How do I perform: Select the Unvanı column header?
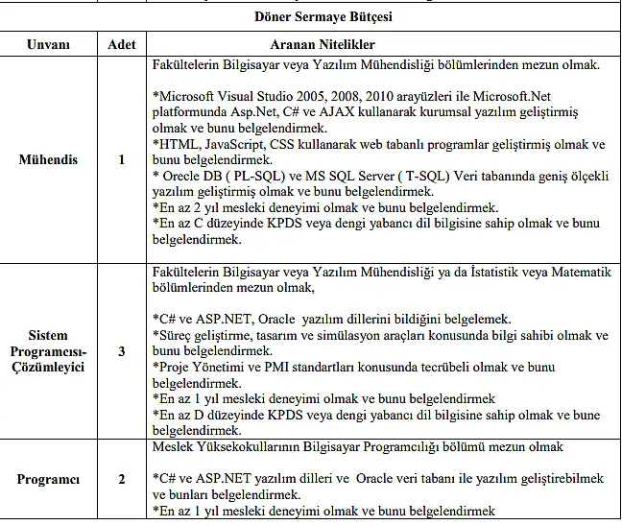48,45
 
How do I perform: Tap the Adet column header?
121,45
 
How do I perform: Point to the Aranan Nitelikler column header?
323,45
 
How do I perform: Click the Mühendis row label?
48,159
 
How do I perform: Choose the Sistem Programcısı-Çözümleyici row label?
48,350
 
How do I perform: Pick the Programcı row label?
48,479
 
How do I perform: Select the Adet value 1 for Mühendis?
121,159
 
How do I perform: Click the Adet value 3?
121,350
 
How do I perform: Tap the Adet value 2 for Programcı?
121,479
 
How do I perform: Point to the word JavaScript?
234,144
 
